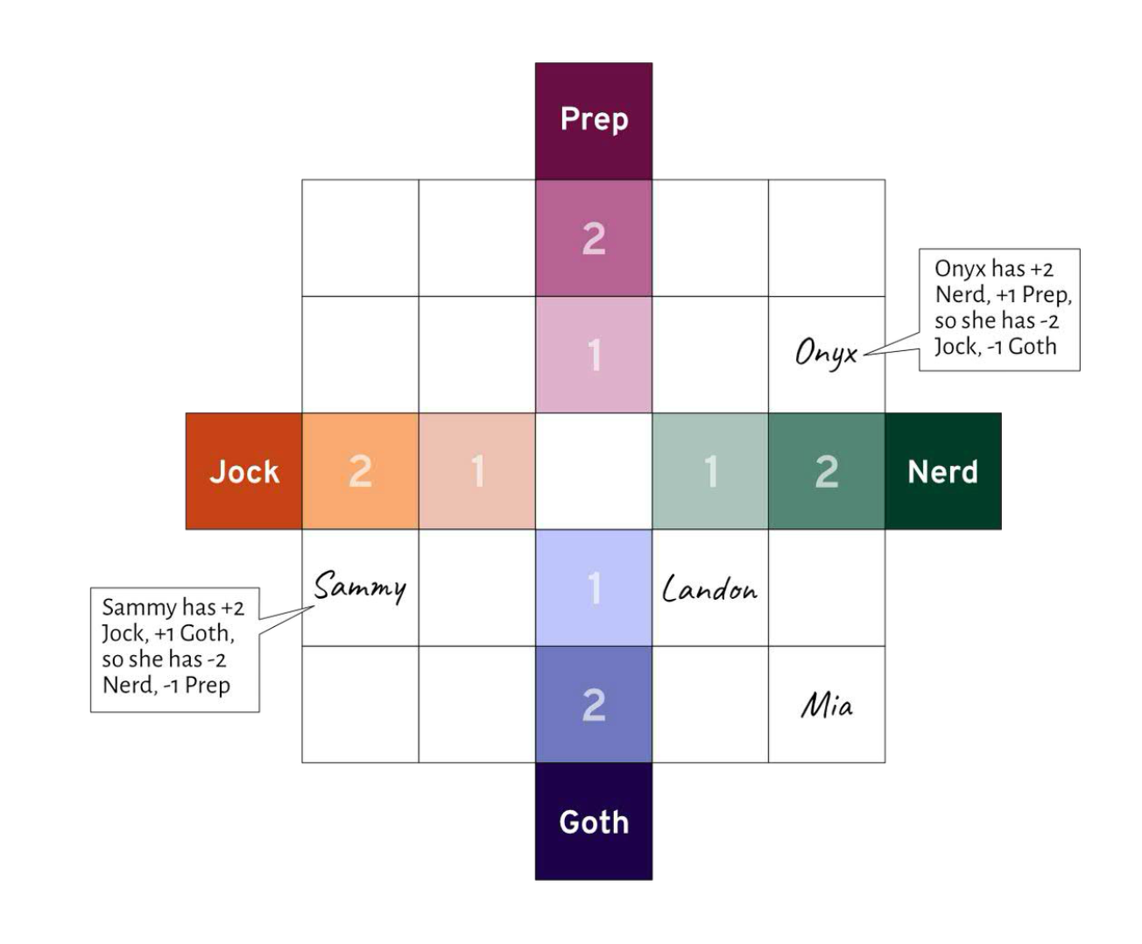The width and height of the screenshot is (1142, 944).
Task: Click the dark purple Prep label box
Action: (x=594, y=120)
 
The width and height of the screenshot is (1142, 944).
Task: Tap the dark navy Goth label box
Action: (x=594, y=821)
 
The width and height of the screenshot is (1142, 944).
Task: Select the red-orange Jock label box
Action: (x=243, y=471)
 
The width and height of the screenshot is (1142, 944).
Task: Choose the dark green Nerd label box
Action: (x=942, y=471)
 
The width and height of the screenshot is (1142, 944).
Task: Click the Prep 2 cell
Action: (x=594, y=238)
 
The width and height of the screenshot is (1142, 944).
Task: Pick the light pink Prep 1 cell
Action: (x=594, y=355)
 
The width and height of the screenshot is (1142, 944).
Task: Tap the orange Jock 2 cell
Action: (x=360, y=471)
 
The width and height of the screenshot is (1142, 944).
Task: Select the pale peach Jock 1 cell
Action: (x=476, y=471)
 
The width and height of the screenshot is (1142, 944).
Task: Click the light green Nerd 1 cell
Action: (x=710, y=471)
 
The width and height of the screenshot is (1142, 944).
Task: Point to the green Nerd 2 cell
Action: (x=827, y=471)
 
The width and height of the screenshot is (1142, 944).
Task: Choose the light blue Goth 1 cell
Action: (x=594, y=588)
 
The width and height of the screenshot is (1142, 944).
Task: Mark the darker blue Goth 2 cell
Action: (x=594, y=704)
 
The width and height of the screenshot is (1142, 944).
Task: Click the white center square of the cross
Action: (x=594, y=471)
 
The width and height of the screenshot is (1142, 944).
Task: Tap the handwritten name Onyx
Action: (x=826, y=353)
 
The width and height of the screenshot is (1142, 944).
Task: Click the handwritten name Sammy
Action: (x=360, y=587)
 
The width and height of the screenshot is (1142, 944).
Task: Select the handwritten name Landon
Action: (x=710, y=588)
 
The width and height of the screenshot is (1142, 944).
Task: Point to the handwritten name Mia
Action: (x=827, y=705)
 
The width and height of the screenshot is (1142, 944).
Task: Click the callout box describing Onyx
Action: (x=998, y=308)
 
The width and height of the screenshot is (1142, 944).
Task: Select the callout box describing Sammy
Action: (x=175, y=649)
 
